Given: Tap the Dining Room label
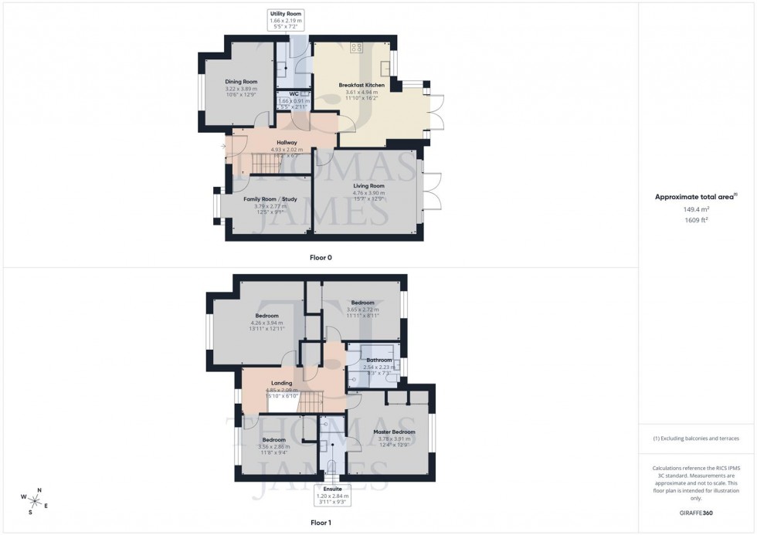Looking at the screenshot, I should (241, 82).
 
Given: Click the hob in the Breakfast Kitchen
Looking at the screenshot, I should (356, 48).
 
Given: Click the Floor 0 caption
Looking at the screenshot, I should (321, 257).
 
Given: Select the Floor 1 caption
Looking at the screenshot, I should (321, 523).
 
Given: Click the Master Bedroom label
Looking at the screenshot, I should (394, 432).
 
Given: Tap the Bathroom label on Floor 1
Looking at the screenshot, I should (379, 360).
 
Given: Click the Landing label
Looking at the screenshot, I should (281, 383).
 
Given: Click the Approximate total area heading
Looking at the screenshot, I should (694, 197).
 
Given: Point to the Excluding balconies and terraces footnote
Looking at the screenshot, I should (696, 438).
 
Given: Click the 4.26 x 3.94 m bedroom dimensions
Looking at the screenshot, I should (266, 323).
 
